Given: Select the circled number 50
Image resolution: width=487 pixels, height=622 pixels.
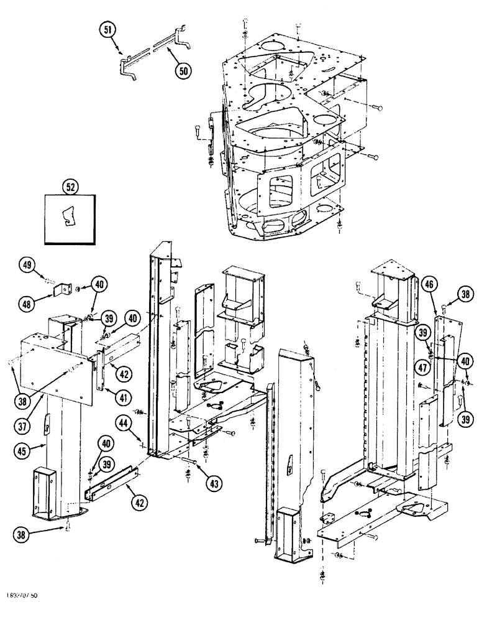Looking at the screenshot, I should (x=183, y=71).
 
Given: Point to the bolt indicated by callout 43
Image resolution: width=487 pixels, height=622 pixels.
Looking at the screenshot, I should (x=188, y=461).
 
